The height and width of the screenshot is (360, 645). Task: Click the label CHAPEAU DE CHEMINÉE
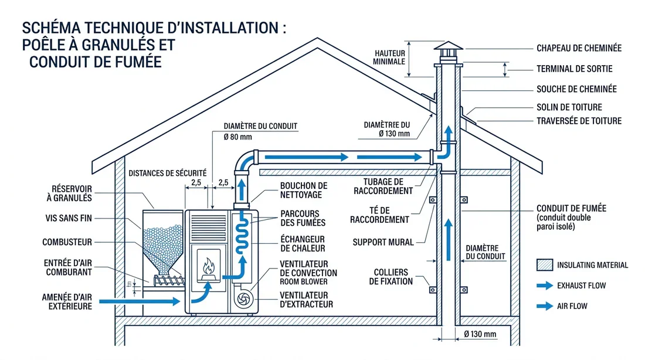point(579,48)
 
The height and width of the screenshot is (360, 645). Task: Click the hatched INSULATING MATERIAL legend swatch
point(545,265)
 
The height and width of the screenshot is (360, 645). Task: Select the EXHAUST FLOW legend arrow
point(545,286)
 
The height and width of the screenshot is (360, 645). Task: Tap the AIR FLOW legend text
point(572,306)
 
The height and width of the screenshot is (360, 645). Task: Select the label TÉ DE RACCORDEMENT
point(379,215)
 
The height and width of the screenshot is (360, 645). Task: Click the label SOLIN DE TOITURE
point(569,107)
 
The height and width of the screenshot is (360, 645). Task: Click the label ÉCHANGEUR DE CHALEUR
point(303,244)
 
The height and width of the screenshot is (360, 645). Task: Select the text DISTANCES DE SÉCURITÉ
point(167,173)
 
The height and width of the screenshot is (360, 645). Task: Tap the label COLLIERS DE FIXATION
point(391,277)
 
